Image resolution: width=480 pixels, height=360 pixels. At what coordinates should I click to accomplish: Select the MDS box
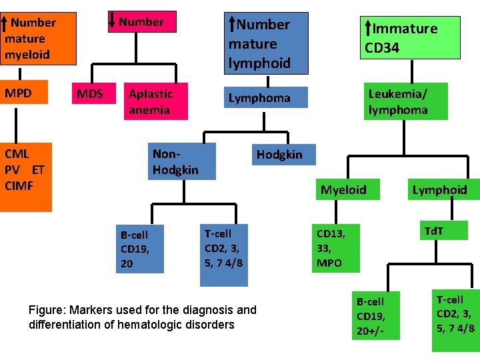(90, 94)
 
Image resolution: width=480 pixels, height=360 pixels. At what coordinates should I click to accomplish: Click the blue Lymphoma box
(259, 98)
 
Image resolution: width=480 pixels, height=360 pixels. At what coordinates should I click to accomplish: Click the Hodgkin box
(279, 155)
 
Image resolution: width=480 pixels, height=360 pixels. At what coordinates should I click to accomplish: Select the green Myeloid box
(343, 190)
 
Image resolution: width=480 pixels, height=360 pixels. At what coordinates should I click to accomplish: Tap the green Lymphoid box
(439, 190)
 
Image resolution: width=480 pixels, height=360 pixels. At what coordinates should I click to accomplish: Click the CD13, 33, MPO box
(337, 248)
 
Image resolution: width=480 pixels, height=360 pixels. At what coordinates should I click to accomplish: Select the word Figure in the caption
(45, 310)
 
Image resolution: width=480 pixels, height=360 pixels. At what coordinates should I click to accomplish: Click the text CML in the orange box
(17, 155)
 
